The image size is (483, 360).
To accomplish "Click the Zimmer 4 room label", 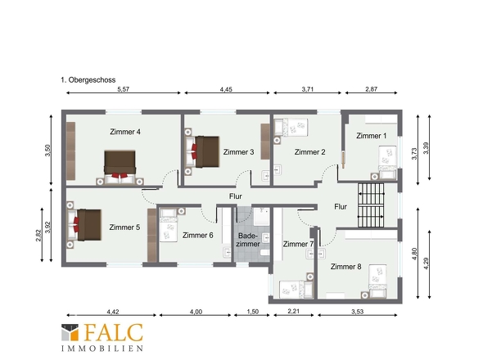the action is [x=125, y=132].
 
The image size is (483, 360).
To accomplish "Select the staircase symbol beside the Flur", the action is [x=371, y=205].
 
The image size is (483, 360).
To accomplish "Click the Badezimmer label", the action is [x=248, y=240].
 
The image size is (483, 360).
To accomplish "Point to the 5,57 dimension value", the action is [x=124, y=89].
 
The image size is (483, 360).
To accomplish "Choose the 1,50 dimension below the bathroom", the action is [x=253, y=312].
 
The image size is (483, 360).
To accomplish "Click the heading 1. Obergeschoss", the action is [x=88, y=80].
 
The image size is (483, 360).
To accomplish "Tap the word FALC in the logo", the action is [x=114, y=333].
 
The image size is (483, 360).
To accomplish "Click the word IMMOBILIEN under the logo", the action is [x=102, y=349].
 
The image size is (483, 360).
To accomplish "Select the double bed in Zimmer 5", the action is [x=84, y=225].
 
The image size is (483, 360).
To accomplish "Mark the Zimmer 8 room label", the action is [x=346, y=267].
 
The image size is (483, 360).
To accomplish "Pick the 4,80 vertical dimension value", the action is [x=414, y=254].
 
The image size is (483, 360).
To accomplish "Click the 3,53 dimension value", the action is [x=357, y=312].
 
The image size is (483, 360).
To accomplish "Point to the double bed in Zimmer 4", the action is [x=120, y=167].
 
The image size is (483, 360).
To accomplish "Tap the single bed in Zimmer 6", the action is [x=168, y=225].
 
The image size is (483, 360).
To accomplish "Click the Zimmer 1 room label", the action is [x=371, y=136].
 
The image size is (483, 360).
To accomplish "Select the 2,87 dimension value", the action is [x=371, y=89].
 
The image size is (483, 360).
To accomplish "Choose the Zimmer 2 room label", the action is [x=310, y=152].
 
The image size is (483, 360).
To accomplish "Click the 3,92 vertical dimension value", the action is [x=47, y=227].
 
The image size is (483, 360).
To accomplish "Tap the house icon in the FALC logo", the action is [x=70, y=332].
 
